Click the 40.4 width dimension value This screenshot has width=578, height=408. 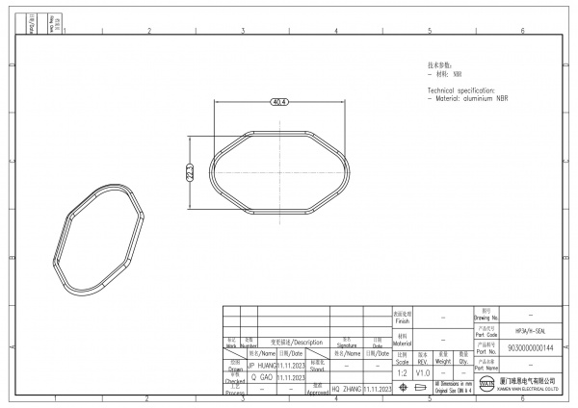pyautogui.click(x=280, y=101)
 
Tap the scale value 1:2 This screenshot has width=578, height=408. pyautogui.click(x=401, y=371)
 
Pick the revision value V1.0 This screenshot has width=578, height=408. pyautogui.click(x=422, y=371)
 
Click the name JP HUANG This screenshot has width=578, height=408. pyautogui.click(x=262, y=366)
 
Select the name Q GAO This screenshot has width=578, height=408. pyautogui.click(x=261, y=378)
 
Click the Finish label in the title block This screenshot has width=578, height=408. pyautogui.click(x=402, y=317)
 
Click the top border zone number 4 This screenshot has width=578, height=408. pyautogui.click(x=335, y=31)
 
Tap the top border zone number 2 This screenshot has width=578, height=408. pyautogui.click(x=148, y=31)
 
